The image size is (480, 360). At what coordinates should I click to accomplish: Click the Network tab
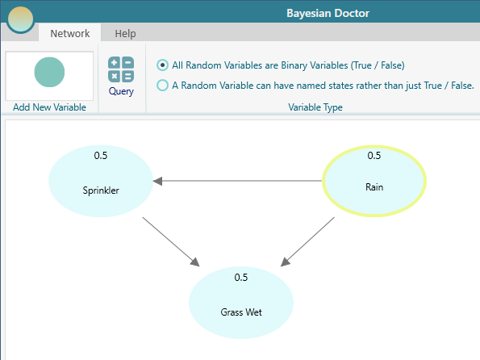click(x=69, y=34)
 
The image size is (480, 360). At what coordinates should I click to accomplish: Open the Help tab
click(x=125, y=34)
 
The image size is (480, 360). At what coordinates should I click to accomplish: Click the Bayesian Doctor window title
click(x=327, y=13)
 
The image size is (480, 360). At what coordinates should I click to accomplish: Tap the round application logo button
click(x=20, y=19)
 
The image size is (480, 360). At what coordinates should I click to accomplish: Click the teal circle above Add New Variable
click(x=49, y=73)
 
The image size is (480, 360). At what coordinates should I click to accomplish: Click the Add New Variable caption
click(x=49, y=107)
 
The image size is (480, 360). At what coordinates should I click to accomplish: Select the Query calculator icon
click(x=121, y=69)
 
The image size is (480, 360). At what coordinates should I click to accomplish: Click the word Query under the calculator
click(x=121, y=92)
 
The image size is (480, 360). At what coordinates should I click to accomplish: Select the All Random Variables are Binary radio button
click(x=163, y=65)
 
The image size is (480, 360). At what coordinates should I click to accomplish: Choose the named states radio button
click(x=163, y=85)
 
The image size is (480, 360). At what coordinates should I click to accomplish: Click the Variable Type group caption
click(x=315, y=107)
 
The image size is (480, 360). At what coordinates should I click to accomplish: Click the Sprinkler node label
click(x=101, y=190)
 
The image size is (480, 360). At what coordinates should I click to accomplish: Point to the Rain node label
click(x=374, y=187)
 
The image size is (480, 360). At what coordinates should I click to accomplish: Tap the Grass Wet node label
click(x=240, y=311)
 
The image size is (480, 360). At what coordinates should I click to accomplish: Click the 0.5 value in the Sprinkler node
click(x=101, y=156)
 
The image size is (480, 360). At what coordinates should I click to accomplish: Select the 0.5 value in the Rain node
click(x=374, y=156)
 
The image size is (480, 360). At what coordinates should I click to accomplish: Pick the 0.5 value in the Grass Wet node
click(x=240, y=278)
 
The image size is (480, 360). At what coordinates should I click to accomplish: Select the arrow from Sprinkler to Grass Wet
click(x=170, y=241)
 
